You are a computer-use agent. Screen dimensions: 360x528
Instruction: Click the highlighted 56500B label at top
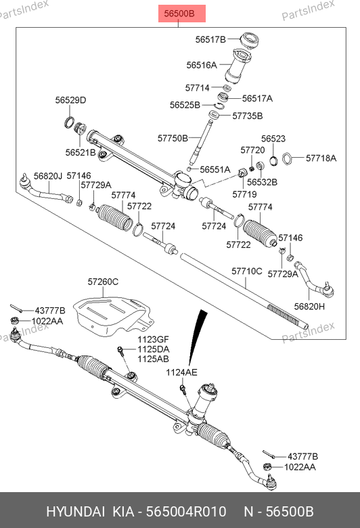(x=182, y=14)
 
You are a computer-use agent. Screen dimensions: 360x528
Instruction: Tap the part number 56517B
(x=210, y=39)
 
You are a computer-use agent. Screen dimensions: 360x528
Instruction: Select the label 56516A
(x=202, y=65)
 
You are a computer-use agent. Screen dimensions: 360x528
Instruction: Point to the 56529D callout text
(x=71, y=100)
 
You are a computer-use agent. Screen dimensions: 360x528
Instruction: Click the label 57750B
(x=173, y=138)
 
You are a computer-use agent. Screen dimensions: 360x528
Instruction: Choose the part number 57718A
(x=321, y=158)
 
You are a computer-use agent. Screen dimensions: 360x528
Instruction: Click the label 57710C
(x=247, y=271)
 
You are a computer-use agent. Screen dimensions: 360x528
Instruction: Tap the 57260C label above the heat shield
(x=103, y=282)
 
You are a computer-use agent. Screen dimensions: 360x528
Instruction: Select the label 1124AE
(x=181, y=372)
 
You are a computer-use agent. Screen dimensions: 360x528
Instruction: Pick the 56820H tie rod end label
(x=309, y=307)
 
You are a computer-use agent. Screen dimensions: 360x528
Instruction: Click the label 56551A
(x=215, y=169)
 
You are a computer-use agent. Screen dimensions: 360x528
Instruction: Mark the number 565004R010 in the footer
(x=186, y=512)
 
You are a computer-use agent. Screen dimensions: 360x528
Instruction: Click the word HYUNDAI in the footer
(x=75, y=512)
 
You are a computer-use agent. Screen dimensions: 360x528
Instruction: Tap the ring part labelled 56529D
(x=69, y=123)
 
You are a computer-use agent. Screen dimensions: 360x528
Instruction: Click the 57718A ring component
(x=287, y=158)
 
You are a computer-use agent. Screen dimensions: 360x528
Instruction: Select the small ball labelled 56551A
(x=189, y=169)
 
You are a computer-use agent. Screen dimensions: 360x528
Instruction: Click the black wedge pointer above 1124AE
(x=198, y=336)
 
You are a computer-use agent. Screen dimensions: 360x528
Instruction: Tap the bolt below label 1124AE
(x=183, y=389)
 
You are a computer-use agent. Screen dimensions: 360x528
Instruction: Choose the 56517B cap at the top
(x=250, y=40)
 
